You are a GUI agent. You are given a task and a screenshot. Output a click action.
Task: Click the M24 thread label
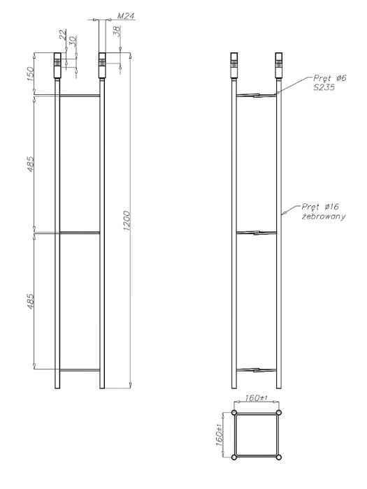pos(125,14)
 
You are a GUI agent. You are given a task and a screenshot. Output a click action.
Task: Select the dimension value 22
pos(62,34)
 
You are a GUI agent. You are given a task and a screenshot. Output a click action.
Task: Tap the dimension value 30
pos(72,41)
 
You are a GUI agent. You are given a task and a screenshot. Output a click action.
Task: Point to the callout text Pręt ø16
pos(321,207)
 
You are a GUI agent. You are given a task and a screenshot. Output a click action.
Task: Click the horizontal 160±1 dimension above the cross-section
pos(257,398)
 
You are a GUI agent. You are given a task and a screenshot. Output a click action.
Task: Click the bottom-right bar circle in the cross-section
pos(279,457)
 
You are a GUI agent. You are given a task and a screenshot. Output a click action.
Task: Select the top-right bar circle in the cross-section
pos(279,413)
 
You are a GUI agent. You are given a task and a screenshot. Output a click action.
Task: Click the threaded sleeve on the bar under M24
pos(101,61)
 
